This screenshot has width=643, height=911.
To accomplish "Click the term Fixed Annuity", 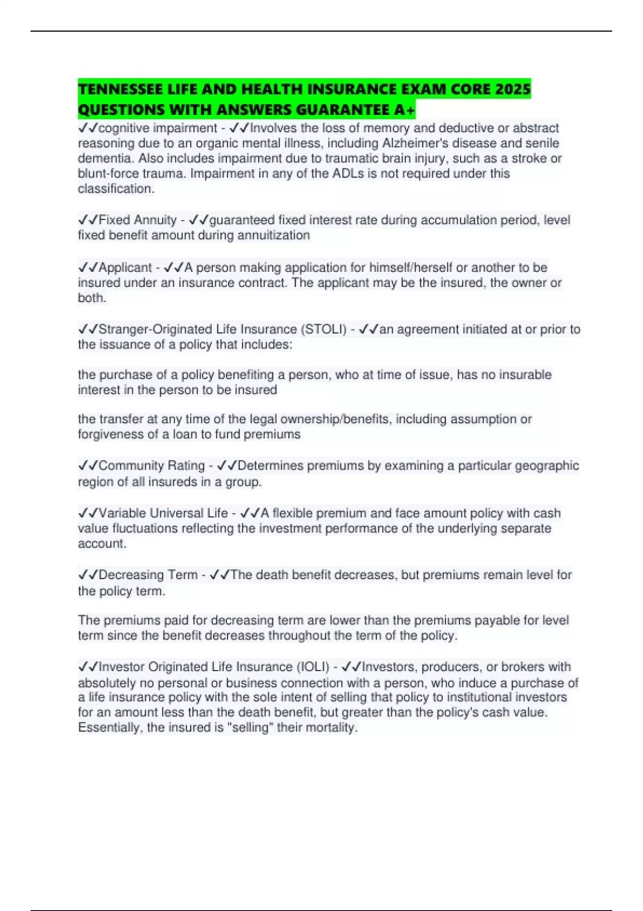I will pos(137,220).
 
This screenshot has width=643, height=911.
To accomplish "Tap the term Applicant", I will pos(125,267).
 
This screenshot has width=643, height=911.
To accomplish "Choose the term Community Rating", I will pos(152,466).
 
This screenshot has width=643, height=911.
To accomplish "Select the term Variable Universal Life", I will pos(163,513).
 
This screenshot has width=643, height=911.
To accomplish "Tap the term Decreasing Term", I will pos(148,575).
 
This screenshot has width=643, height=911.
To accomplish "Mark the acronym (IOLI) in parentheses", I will pos(312,667).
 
